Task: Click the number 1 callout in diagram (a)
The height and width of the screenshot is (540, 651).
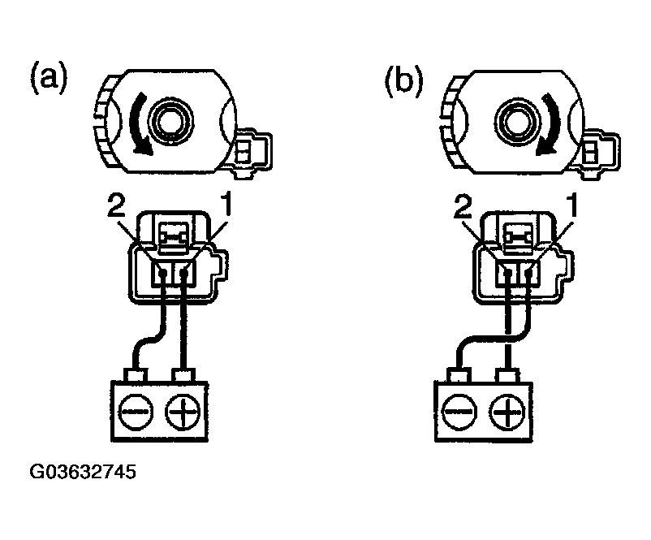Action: pyautogui.click(x=229, y=210)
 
